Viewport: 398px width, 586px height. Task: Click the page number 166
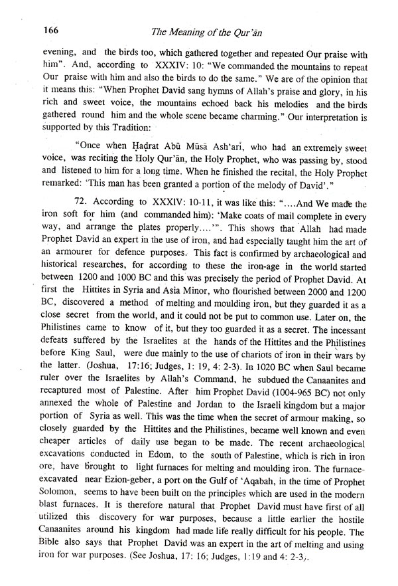pyautogui.click(x=33, y=29)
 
